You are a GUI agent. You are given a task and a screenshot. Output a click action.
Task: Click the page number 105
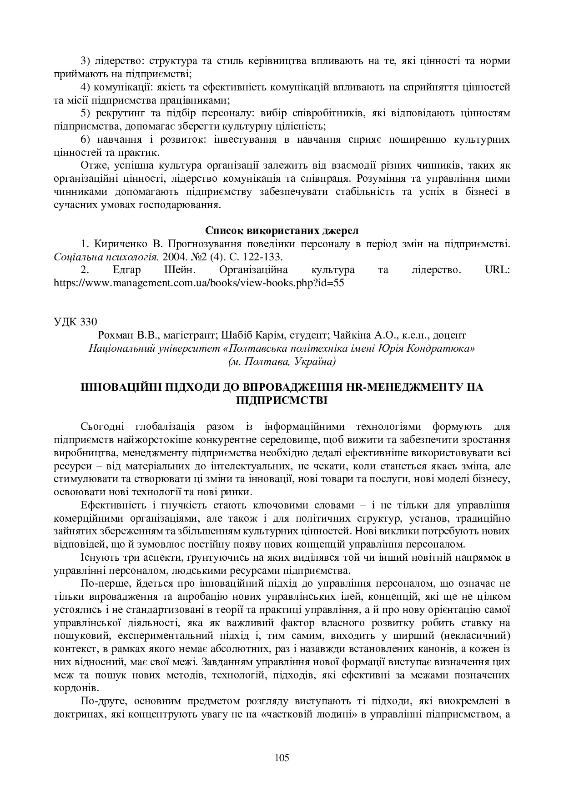282,757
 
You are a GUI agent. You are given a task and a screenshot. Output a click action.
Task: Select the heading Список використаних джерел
282,230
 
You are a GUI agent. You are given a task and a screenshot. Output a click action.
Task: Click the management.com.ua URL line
199,283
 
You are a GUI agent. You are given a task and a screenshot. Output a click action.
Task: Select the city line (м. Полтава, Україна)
282,362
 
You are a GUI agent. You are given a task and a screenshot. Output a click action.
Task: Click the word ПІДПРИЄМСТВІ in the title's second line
282,400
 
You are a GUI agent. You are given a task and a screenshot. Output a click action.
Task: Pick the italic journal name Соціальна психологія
106,257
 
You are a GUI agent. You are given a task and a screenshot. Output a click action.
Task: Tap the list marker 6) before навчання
86,139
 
